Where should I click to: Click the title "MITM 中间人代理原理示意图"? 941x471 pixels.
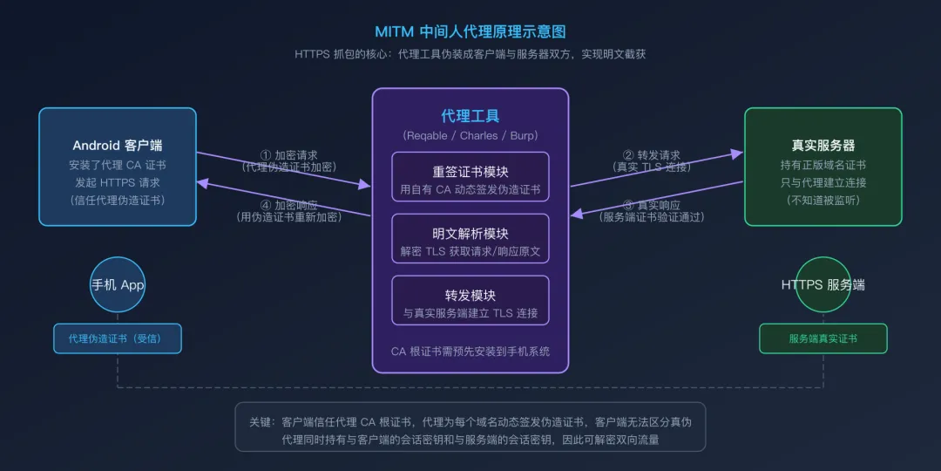point(470,31)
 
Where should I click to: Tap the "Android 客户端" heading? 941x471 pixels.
point(118,145)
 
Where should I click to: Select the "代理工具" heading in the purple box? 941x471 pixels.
point(470,116)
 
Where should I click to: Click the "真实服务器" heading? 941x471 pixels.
point(823,145)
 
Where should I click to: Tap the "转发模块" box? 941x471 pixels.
point(470,301)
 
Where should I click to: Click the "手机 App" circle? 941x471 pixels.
point(118,285)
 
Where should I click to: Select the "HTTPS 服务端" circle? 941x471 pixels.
point(823,285)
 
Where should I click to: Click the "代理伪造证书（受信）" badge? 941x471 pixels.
point(118,338)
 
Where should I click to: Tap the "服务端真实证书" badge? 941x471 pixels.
point(823,338)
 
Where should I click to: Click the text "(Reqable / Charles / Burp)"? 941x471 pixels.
point(470,135)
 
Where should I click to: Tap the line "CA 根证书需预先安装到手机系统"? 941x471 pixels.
point(470,352)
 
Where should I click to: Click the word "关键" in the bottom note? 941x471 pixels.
point(261,422)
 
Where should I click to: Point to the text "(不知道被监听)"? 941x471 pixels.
point(823,200)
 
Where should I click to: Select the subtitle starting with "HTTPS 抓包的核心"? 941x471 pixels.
point(470,54)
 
